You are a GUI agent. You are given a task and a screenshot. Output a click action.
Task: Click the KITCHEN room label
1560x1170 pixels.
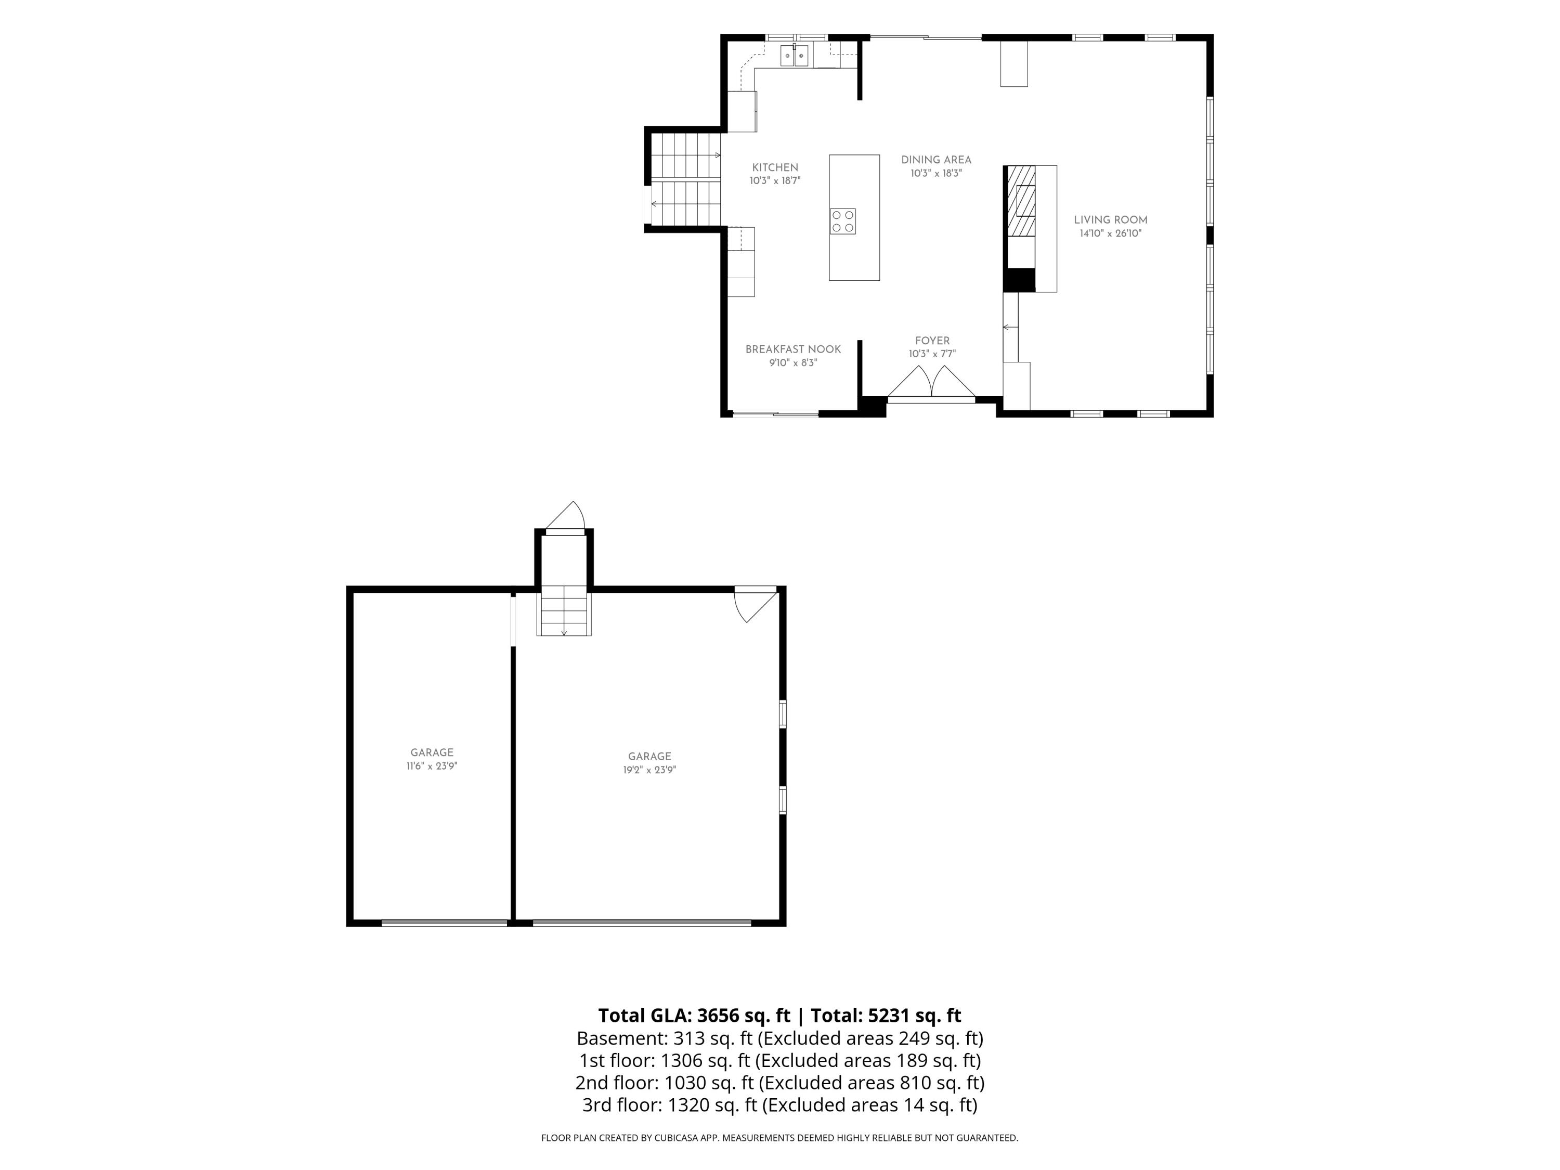click(x=775, y=168)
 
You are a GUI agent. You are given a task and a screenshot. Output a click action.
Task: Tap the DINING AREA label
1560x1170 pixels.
click(x=936, y=160)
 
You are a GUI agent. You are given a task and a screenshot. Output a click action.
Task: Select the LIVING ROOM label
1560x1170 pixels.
click(x=1111, y=220)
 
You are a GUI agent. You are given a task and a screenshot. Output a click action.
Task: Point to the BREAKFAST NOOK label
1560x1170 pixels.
click(x=794, y=349)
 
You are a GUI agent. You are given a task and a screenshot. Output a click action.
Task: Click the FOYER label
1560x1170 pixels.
click(x=932, y=341)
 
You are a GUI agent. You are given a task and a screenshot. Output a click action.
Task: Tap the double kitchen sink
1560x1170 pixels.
click(x=795, y=55)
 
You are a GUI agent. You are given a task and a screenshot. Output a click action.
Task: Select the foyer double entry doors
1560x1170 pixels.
click(x=932, y=382)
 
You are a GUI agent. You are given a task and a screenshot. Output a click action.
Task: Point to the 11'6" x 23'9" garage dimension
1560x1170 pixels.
click(x=432, y=766)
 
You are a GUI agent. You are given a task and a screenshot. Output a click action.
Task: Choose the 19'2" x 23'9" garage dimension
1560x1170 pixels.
click(x=649, y=770)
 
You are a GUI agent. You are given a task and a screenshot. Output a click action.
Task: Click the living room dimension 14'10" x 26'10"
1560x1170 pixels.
click(x=1111, y=233)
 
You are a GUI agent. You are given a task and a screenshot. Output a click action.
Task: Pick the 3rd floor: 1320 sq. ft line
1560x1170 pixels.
click(x=780, y=1105)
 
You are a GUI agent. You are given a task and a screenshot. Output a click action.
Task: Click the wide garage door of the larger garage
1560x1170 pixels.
click(x=642, y=922)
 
